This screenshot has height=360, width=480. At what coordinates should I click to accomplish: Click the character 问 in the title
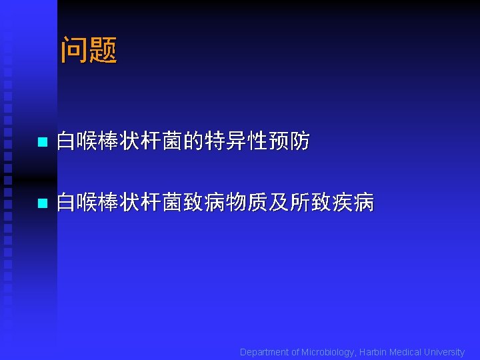pyautogui.click(x=75, y=51)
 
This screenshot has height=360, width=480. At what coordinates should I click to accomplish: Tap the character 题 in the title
pyautogui.click(x=103, y=51)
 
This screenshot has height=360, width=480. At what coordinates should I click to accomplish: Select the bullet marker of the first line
pyautogui.click(x=41, y=142)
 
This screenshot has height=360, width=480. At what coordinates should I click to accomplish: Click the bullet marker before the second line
pyautogui.click(x=41, y=203)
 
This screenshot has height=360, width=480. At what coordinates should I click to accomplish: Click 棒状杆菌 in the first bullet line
pyautogui.click(x=141, y=141)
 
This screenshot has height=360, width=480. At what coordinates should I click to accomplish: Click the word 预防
pyautogui.click(x=289, y=141)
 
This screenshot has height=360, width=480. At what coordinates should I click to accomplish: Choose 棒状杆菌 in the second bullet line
pyautogui.click(x=141, y=202)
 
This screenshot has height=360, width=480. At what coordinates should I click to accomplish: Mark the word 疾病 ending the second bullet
pyautogui.click(x=353, y=202)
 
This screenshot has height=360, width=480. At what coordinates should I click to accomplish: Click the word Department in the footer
pyautogui.click(x=265, y=352)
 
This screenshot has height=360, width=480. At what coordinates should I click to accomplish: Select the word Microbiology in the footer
pyautogui.click(x=329, y=352)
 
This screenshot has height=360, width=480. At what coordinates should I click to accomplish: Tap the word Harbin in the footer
pyautogui.click(x=373, y=352)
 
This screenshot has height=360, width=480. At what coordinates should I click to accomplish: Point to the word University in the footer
pyautogui.click(x=444, y=352)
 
